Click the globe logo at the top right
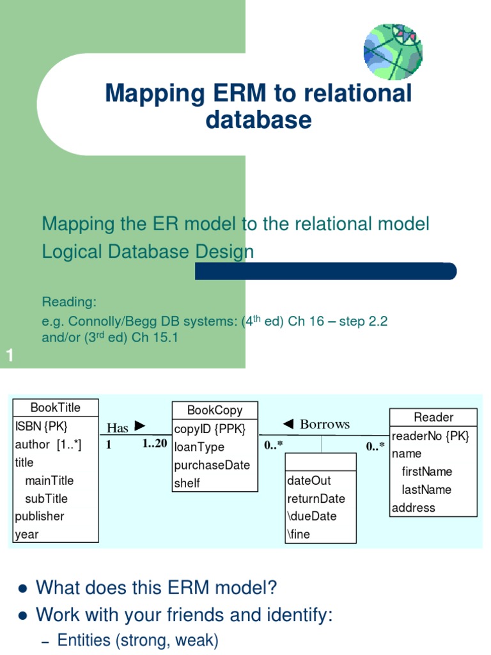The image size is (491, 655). click(x=393, y=51)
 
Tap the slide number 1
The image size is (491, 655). click(x=10, y=356)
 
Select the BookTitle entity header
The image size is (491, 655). click(x=56, y=407)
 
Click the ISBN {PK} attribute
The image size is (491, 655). click(x=41, y=426)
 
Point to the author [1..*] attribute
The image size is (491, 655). click(x=48, y=444)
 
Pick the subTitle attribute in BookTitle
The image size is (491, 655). click(x=46, y=498)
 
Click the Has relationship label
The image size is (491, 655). click(x=118, y=428)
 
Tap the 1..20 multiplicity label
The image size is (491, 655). click(x=154, y=444)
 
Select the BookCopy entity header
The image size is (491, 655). click(x=215, y=410)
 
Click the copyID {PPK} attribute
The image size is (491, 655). click(x=209, y=429)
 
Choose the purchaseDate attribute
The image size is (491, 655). click(x=212, y=465)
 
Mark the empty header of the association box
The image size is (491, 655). click(x=320, y=462)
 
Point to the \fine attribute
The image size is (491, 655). click(x=299, y=534)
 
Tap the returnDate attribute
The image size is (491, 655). click(x=316, y=498)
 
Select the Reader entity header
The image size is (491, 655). click(x=433, y=417)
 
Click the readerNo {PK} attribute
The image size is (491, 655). click(x=430, y=436)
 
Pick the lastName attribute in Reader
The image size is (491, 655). click(x=426, y=489)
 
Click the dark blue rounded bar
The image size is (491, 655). click(x=326, y=271)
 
